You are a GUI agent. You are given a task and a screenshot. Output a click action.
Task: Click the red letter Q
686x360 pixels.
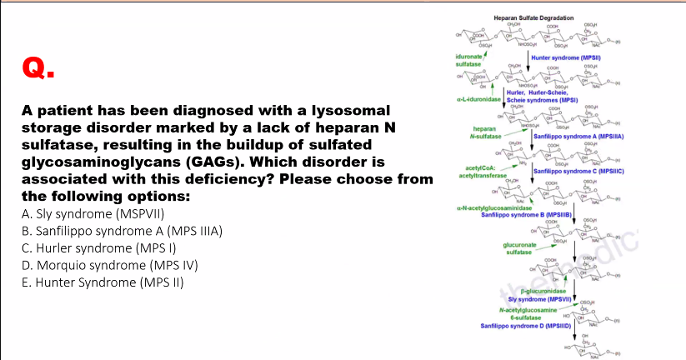pyautogui.click(x=38, y=67)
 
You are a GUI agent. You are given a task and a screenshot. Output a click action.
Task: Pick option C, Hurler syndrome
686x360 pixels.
pyautogui.click(x=99, y=247)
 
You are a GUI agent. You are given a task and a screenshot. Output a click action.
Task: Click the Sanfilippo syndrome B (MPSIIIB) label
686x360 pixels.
pyautogui.click(x=524, y=215)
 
